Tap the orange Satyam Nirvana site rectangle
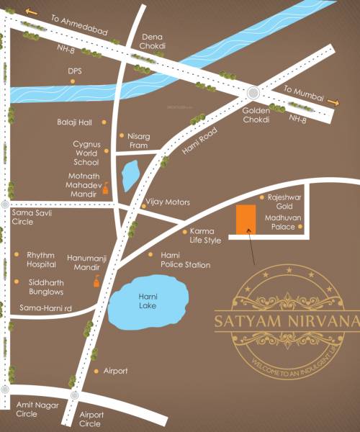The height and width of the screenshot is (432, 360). (244, 219)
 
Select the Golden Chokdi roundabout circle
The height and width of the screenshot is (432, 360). (253, 92)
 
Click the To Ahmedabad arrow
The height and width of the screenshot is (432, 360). (30, 11)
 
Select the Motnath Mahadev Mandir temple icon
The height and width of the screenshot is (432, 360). (107, 189)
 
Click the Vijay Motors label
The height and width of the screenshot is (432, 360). (168, 204)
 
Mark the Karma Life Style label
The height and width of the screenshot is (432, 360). (205, 235)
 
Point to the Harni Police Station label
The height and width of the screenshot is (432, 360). (186, 260)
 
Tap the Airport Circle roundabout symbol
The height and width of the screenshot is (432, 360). (73, 396)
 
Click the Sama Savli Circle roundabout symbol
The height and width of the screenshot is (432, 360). (6, 204)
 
